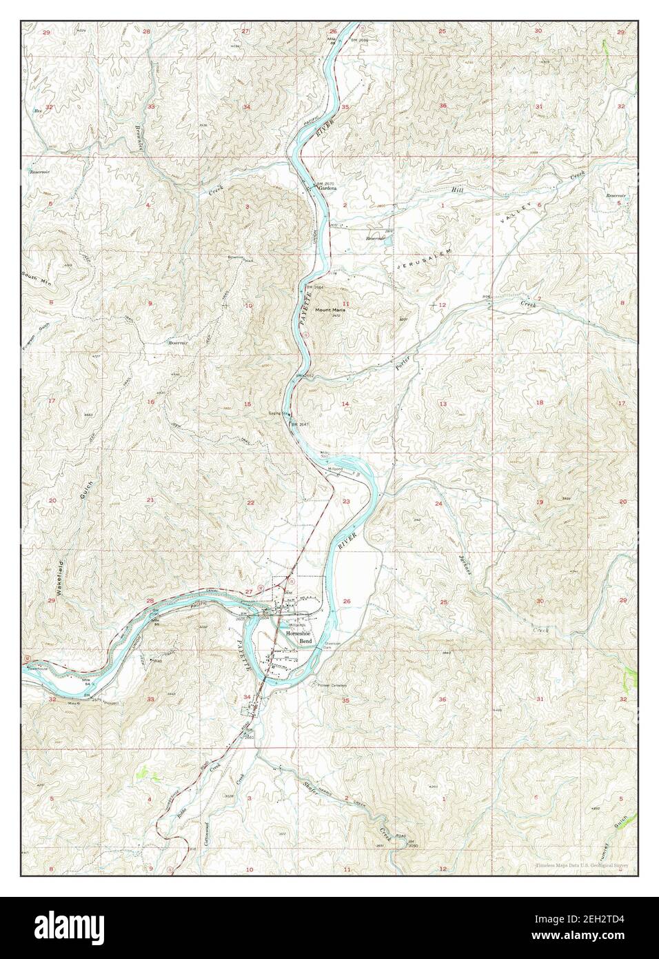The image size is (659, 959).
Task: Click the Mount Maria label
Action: pyautogui.click(x=330, y=309)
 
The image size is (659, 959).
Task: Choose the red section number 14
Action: pyautogui.click(x=346, y=403)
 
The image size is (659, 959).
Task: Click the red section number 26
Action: pyautogui.click(x=347, y=602)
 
